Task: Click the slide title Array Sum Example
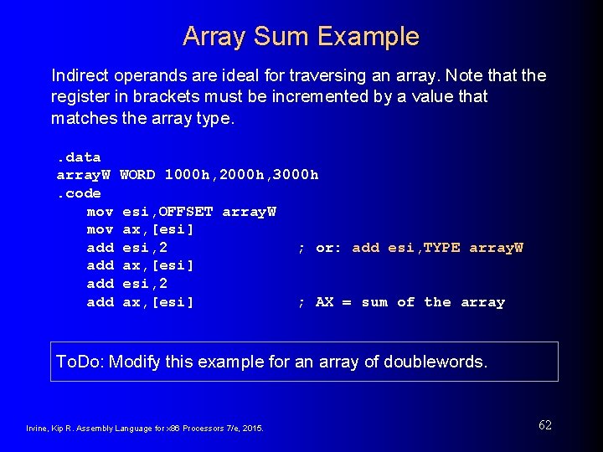[x=301, y=37]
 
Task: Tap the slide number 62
[x=545, y=425]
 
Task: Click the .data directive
[x=79, y=157]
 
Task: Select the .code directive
[x=79, y=193]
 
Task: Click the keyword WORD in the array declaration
[x=138, y=175]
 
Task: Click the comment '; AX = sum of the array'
[x=401, y=302]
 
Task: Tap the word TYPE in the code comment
[x=441, y=248]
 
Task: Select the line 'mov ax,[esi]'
[x=140, y=229]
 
